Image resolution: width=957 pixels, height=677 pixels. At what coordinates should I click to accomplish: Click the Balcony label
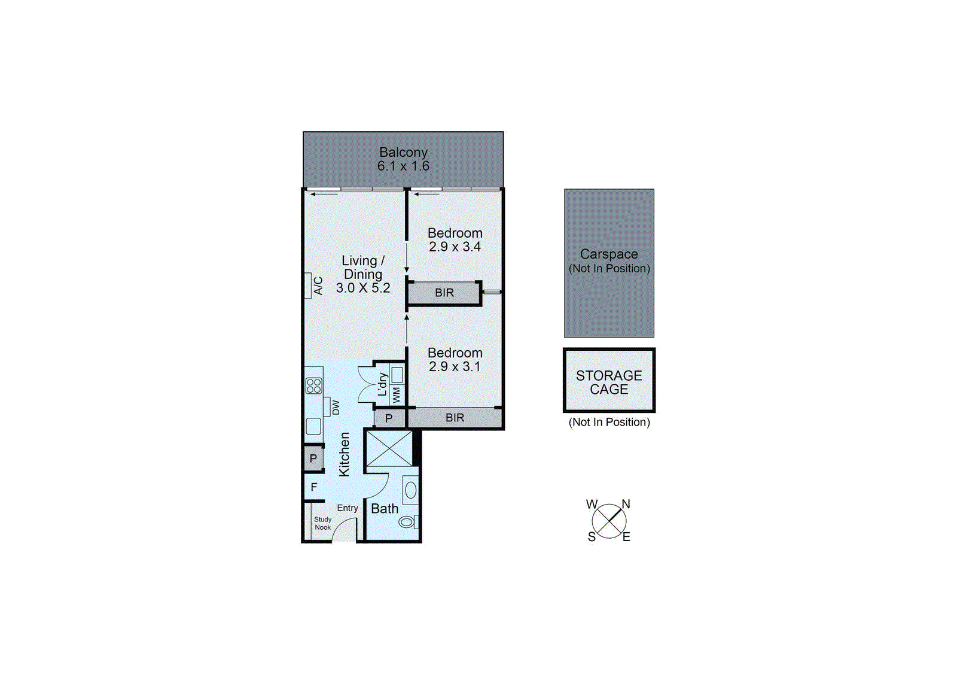pos(403,153)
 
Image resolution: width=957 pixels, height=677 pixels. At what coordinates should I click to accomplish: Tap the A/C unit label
pos(318,286)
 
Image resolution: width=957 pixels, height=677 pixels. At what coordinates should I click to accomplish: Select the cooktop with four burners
pos(314,385)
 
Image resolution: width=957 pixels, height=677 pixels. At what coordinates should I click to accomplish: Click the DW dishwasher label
pos(336,408)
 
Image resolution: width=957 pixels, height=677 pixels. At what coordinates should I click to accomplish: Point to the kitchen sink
pos(313,426)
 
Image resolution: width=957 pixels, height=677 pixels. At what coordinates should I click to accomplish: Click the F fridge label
pos(314,488)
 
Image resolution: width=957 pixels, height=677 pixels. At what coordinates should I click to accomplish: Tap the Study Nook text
pos(322,524)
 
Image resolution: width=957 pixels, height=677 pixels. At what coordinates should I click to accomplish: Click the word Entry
pos(348,508)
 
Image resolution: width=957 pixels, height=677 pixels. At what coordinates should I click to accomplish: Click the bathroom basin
pos(410,490)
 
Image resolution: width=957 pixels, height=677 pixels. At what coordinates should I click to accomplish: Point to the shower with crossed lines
pos(389,448)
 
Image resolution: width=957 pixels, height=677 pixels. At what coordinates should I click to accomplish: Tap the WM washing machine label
pos(397,395)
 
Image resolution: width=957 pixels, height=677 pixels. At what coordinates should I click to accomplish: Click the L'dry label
pos(382,385)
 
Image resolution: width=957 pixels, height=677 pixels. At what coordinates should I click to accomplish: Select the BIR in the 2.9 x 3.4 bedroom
pos(444,293)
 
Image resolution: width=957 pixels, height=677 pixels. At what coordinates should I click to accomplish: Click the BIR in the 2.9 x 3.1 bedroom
pos(455,418)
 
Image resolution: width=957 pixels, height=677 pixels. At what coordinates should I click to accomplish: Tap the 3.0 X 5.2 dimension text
pos(363,288)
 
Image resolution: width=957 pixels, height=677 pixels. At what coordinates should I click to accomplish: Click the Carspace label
pos(609,254)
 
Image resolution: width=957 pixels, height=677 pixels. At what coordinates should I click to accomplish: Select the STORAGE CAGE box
pos(609,382)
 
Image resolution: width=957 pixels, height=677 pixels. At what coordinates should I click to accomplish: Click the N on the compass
pos(626,504)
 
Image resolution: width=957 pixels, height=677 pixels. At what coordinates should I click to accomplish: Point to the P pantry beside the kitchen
pos(313,459)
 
